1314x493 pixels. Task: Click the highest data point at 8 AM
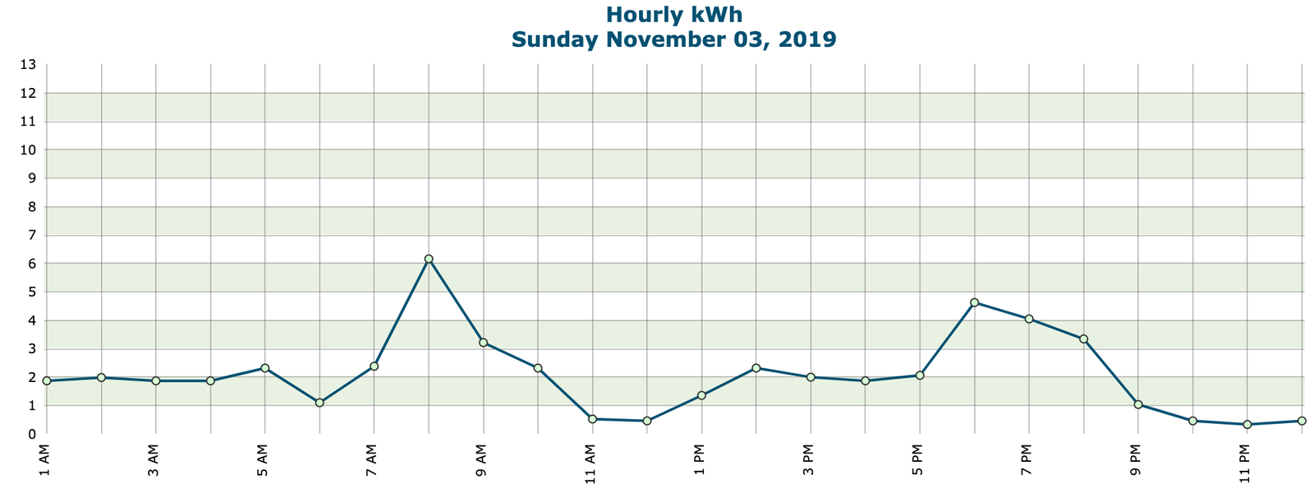click(429, 259)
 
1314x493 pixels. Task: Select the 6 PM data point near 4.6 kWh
click(974, 302)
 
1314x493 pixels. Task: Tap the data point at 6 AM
click(319, 403)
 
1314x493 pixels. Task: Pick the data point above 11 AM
click(592, 419)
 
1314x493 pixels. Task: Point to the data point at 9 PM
click(1138, 404)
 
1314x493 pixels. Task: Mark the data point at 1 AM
click(47, 381)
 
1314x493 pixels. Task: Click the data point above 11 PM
click(1247, 424)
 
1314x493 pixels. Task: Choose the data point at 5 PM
click(920, 376)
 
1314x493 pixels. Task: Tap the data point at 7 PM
click(1029, 319)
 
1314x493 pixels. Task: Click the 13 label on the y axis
click(28, 64)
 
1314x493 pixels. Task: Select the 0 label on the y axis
click(31, 434)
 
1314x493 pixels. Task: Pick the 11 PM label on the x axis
click(1246, 463)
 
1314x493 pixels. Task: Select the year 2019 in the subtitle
click(804, 39)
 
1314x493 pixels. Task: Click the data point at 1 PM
click(701, 395)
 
